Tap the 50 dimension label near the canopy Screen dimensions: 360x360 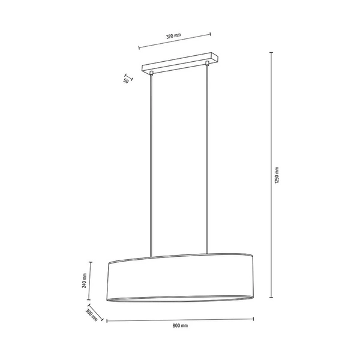(x=127, y=80)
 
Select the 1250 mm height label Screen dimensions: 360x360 (x=277, y=175)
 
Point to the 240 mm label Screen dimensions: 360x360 (x=85, y=281)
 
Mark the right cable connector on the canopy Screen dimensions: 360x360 (x=208, y=63)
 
